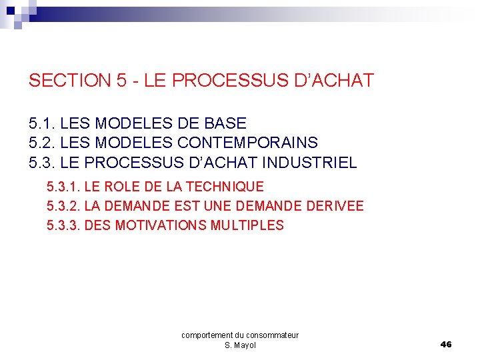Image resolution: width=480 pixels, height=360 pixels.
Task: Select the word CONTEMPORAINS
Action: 247,143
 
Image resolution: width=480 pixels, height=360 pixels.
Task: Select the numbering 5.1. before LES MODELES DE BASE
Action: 42,123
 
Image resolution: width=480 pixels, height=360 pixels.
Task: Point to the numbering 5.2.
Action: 42,143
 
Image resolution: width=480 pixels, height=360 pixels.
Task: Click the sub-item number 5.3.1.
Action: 64,187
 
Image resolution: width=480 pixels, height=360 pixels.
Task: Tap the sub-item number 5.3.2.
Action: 64,206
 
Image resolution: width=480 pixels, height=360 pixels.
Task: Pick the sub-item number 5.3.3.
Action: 64,225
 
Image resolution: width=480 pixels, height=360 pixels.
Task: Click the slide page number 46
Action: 446,344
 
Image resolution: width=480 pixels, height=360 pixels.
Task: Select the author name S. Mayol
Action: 240,345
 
